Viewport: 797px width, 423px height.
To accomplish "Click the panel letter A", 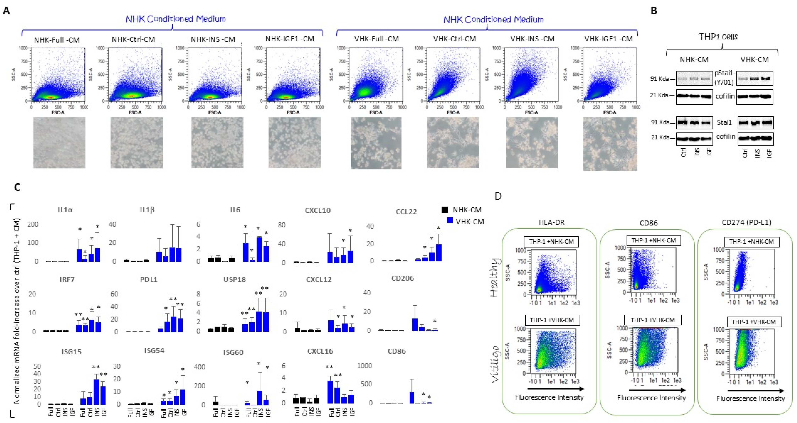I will click(6, 11).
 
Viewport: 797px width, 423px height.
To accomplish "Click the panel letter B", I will click(654, 11).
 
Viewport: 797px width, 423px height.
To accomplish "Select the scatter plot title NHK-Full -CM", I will click(57, 40).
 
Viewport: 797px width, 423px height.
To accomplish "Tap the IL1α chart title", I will click(65, 210).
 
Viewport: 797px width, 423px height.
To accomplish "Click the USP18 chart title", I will click(235, 280).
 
